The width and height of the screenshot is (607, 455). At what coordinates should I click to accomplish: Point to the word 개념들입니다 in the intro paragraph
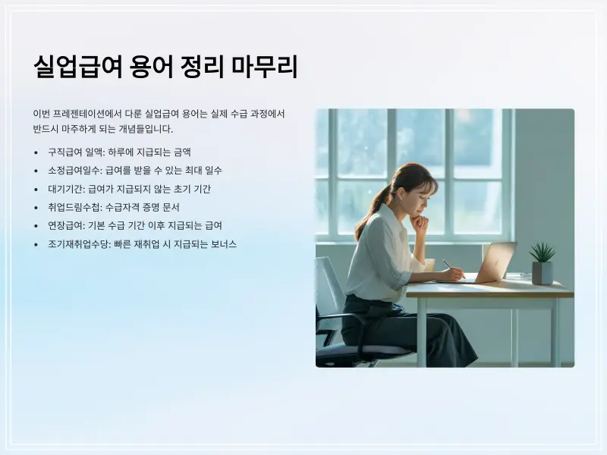143,129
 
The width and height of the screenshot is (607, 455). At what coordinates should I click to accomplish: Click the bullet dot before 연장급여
36,226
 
